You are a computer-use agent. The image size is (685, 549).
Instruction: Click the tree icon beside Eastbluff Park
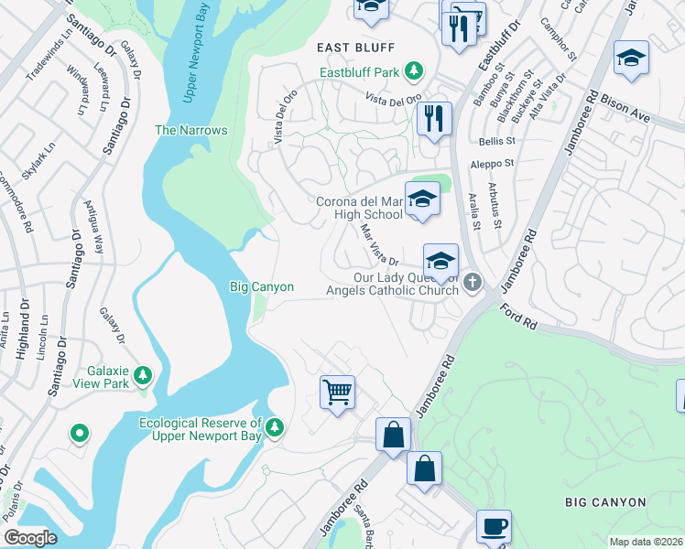coord(415,70)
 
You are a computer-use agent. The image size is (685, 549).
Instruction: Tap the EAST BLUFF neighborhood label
coord(355,48)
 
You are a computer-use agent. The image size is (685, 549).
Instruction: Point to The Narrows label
coord(190,130)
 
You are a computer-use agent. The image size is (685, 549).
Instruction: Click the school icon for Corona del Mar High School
coord(423,199)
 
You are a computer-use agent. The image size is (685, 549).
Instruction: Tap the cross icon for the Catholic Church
coord(473,281)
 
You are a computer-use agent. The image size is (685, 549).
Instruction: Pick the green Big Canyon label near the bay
coord(261,287)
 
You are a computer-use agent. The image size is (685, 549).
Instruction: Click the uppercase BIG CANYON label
coord(605,502)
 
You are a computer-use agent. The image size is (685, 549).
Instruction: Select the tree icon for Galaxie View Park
coord(142,375)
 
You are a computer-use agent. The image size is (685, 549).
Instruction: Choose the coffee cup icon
coord(494,526)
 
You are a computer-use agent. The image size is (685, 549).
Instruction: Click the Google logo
coord(30,537)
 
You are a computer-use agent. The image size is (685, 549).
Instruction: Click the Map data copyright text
coord(645,542)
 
